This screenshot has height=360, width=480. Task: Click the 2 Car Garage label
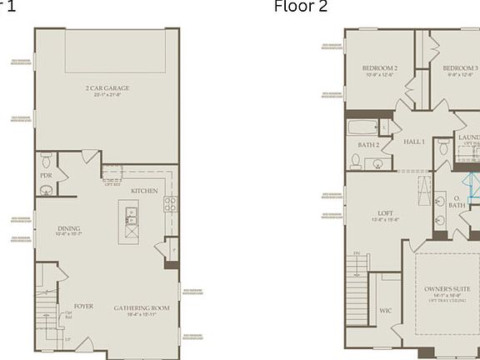[x=107, y=87]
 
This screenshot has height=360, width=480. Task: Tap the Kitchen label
[x=143, y=191]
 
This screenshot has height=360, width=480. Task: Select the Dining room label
[x=69, y=229]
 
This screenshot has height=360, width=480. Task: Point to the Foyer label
[x=83, y=306]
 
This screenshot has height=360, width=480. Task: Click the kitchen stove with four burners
[x=170, y=203]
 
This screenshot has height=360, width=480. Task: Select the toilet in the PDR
[x=46, y=157]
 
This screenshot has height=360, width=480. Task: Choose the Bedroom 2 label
[x=379, y=68]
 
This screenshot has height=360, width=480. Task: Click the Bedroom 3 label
[x=460, y=68]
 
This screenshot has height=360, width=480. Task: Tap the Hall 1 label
[x=414, y=142]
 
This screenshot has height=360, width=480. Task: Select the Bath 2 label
[x=369, y=145]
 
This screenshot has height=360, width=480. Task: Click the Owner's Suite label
[x=447, y=288]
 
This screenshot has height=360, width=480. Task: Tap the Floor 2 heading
[x=301, y=7]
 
